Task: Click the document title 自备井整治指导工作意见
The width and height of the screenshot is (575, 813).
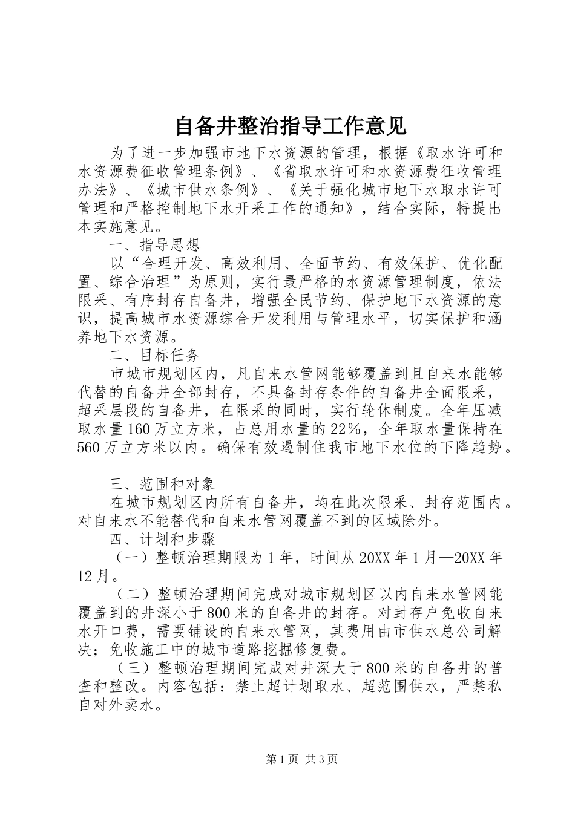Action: click(x=291, y=126)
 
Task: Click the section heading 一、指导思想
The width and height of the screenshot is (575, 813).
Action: click(x=154, y=245)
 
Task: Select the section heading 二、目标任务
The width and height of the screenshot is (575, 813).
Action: click(x=154, y=354)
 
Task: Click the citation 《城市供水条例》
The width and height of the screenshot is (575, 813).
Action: click(x=206, y=190)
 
